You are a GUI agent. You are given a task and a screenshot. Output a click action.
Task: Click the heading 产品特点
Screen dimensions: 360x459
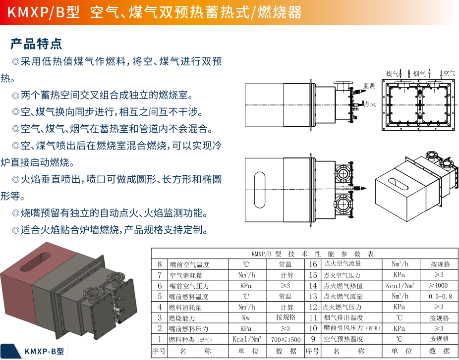(x=36, y=44)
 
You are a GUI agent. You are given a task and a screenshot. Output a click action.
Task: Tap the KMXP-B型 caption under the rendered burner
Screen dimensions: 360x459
(x=44, y=351)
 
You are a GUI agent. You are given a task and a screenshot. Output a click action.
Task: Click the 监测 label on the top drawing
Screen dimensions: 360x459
(x=369, y=86)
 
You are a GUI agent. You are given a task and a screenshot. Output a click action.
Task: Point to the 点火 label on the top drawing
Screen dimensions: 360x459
(x=370, y=104)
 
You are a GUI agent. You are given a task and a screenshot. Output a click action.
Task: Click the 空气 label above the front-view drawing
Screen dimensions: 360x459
(x=449, y=73)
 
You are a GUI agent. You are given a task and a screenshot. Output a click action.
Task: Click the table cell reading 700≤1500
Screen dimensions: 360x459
(x=286, y=339)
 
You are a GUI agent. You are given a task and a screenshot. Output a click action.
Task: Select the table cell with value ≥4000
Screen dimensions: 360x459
(x=438, y=286)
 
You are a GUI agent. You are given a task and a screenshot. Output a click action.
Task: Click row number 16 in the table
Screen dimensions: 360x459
(x=313, y=264)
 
